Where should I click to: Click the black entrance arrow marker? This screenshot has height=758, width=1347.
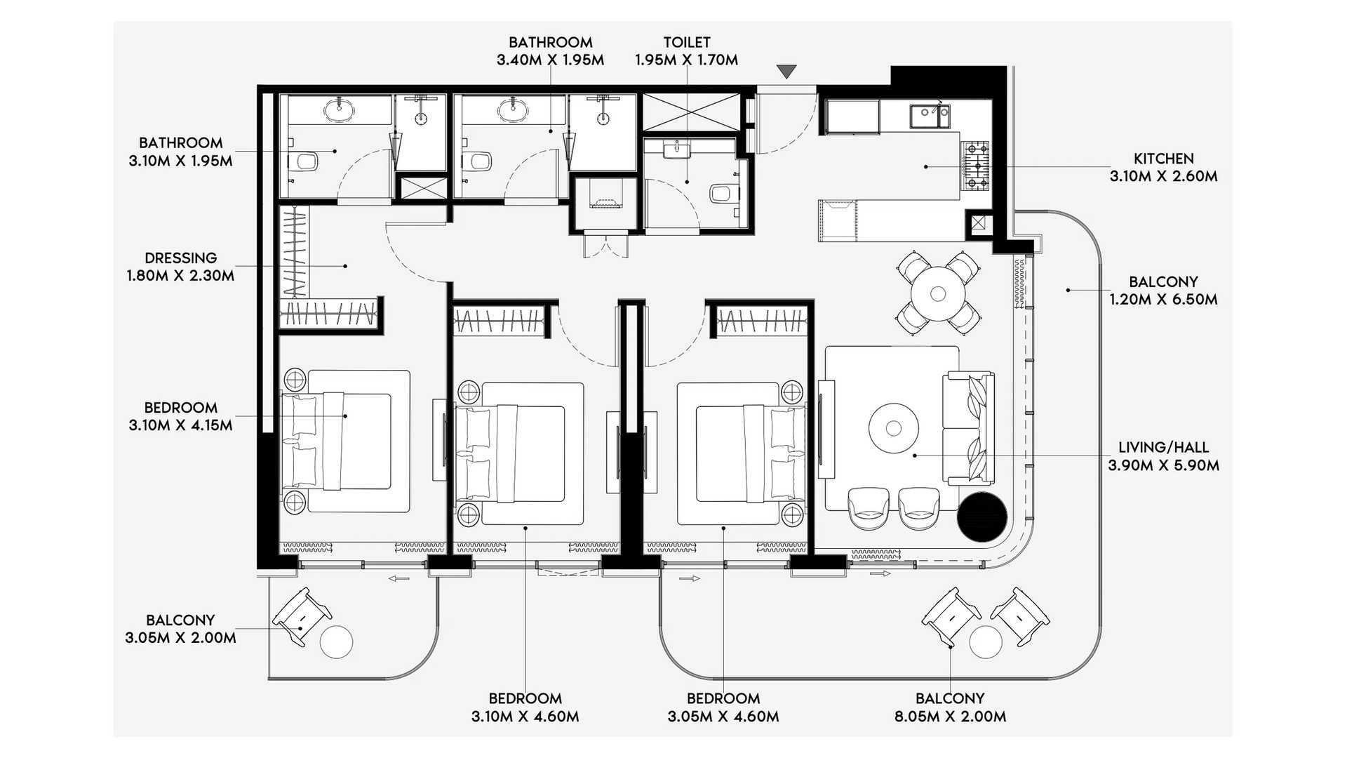(x=786, y=72)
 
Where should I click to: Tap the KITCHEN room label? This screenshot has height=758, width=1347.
(x=1164, y=159)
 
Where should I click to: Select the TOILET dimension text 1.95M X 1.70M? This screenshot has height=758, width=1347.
(x=686, y=60)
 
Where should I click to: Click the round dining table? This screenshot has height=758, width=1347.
(x=938, y=293)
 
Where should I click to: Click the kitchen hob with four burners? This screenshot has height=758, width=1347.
(x=975, y=166)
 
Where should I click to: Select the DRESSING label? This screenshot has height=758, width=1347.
(x=181, y=258)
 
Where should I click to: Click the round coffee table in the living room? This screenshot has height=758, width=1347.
(x=894, y=427)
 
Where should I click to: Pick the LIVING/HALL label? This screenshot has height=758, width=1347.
(x=1164, y=447)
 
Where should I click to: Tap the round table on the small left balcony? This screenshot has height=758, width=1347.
(x=337, y=641)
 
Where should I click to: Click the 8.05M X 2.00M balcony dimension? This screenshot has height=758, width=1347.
(x=951, y=717)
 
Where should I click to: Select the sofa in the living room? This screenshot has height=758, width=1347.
(x=969, y=429)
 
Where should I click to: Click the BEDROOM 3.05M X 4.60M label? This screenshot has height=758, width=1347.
(x=723, y=707)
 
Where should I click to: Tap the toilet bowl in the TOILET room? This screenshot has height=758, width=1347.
(x=723, y=193)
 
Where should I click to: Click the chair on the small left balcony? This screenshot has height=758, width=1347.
(x=302, y=616)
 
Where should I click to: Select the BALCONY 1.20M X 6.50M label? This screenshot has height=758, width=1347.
(x=1164, y=291)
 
